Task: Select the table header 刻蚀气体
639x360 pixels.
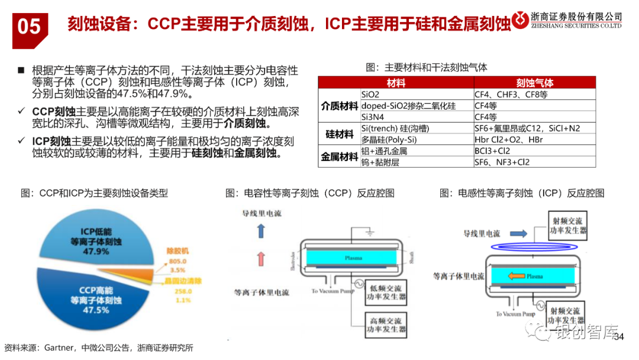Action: pos(534,83)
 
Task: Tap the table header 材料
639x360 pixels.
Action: pos(396,83)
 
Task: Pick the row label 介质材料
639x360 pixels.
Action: pos(339,105)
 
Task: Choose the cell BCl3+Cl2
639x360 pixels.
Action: pos(493,151)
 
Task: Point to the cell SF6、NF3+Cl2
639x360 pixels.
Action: pos(502,162)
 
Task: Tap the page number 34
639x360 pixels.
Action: pos(619,337)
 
